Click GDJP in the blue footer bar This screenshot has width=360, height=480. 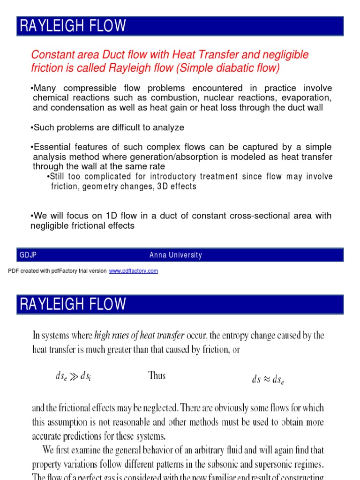click(28, 255)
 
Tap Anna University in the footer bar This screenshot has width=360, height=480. click(176, 255)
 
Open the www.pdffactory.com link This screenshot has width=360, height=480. click(134, 271)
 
